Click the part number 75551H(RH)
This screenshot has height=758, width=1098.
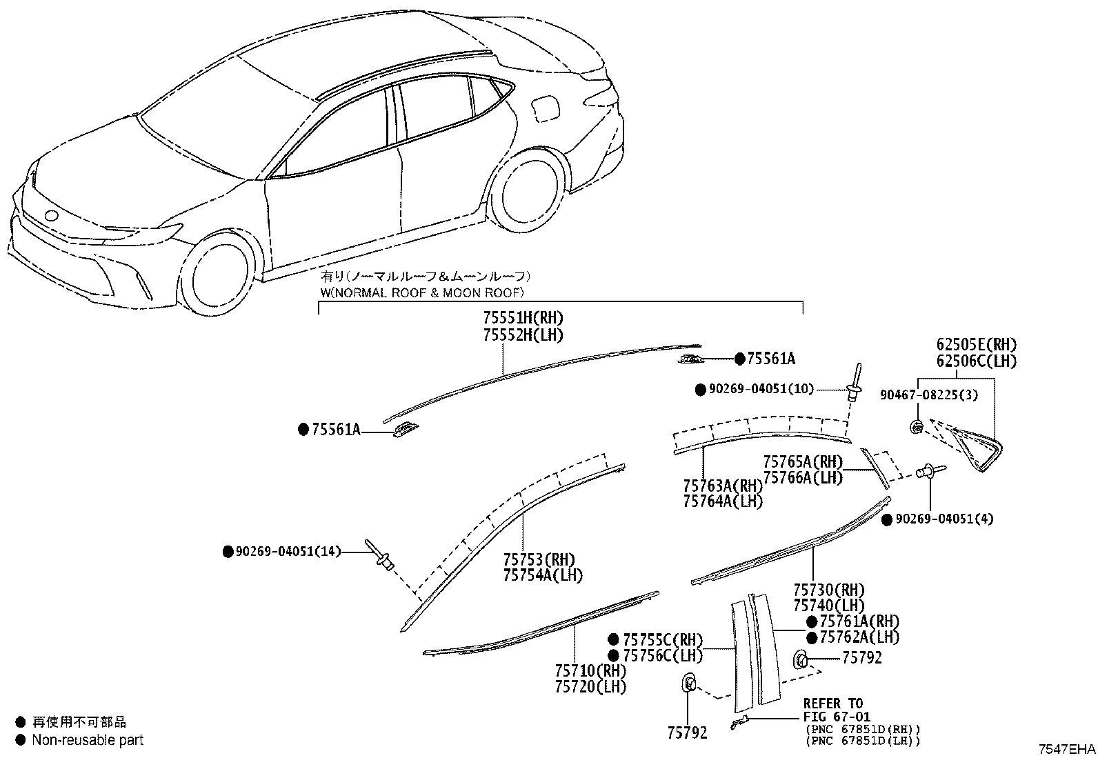click(x=523, y=318)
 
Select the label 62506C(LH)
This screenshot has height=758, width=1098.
click(x=977, y=361)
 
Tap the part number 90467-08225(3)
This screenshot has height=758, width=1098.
click(x=929, y=395)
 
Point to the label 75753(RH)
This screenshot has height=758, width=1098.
click(x=539, y=559)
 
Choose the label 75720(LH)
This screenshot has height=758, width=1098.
click(x=590, y=686)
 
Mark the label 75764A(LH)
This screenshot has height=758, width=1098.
click(x=723, y=501)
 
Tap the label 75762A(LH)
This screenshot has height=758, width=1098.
click(x=860, y=637)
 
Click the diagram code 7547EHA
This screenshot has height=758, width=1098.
click(x=1067, y=750)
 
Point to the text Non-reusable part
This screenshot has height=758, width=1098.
click(x=88, y=740)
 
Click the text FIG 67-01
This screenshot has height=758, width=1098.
click(x=837, y=717)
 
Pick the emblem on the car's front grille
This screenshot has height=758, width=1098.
click(x=51, y=216)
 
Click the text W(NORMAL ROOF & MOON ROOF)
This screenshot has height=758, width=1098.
click(x=423, y=292)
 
